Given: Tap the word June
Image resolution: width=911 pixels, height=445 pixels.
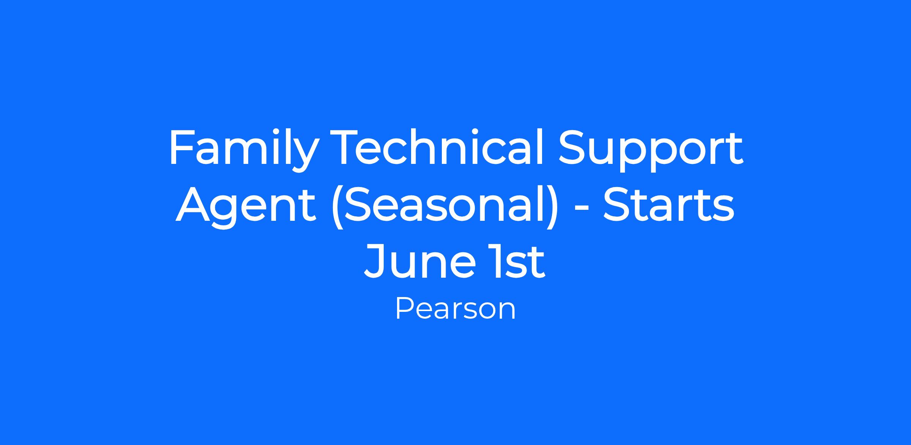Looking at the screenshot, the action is pyautogui.click(x=419, y=261).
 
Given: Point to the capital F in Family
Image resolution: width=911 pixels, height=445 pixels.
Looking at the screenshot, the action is pyautogui.click(x=182, y=147).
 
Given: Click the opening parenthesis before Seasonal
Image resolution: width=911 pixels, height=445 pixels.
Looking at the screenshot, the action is pyautogui.click(x=337, y=207).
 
